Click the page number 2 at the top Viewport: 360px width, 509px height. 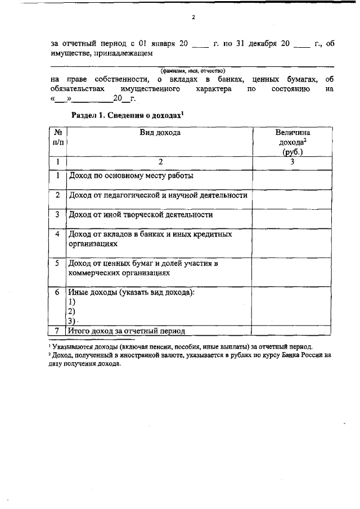(x=193, y=17)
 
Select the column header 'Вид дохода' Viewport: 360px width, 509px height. (x=160, y=133)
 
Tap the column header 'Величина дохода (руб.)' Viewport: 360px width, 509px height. (x=292, y=142)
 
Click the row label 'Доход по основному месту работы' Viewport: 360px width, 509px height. (x=131, y=175)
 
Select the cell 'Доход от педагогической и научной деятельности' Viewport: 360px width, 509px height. (x=158, y=195)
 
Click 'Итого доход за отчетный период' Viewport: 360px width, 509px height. (x=127, y=331)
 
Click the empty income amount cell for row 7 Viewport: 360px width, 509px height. (x=292, y=331)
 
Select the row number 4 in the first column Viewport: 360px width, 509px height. (x=58, y=233)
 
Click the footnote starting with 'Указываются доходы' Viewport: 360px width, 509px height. (x=183, y=346)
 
